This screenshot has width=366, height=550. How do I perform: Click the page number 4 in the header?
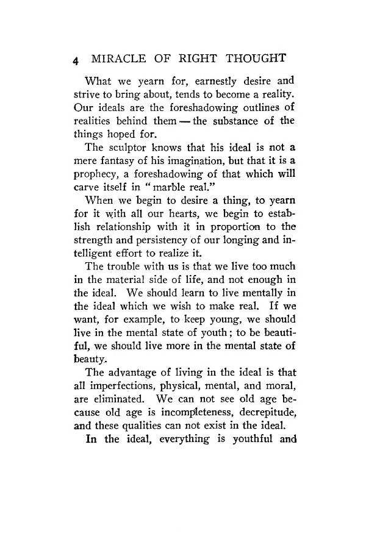pyautogui.click(x=75, y=62)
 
